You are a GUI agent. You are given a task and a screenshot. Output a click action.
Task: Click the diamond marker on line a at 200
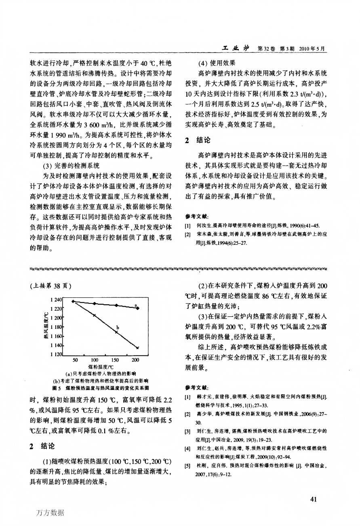(x=138, y=308)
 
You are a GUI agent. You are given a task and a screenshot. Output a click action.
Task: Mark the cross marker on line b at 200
(x=138, y=347)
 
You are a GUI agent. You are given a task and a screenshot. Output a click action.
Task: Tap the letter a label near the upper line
(x=136, y=305)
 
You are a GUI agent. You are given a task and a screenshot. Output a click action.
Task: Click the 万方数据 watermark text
(x=51, y=513)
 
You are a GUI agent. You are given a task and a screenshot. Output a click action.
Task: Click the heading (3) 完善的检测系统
(x=71, y=166)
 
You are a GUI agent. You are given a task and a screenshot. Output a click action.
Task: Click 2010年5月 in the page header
(x=312, y=49)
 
